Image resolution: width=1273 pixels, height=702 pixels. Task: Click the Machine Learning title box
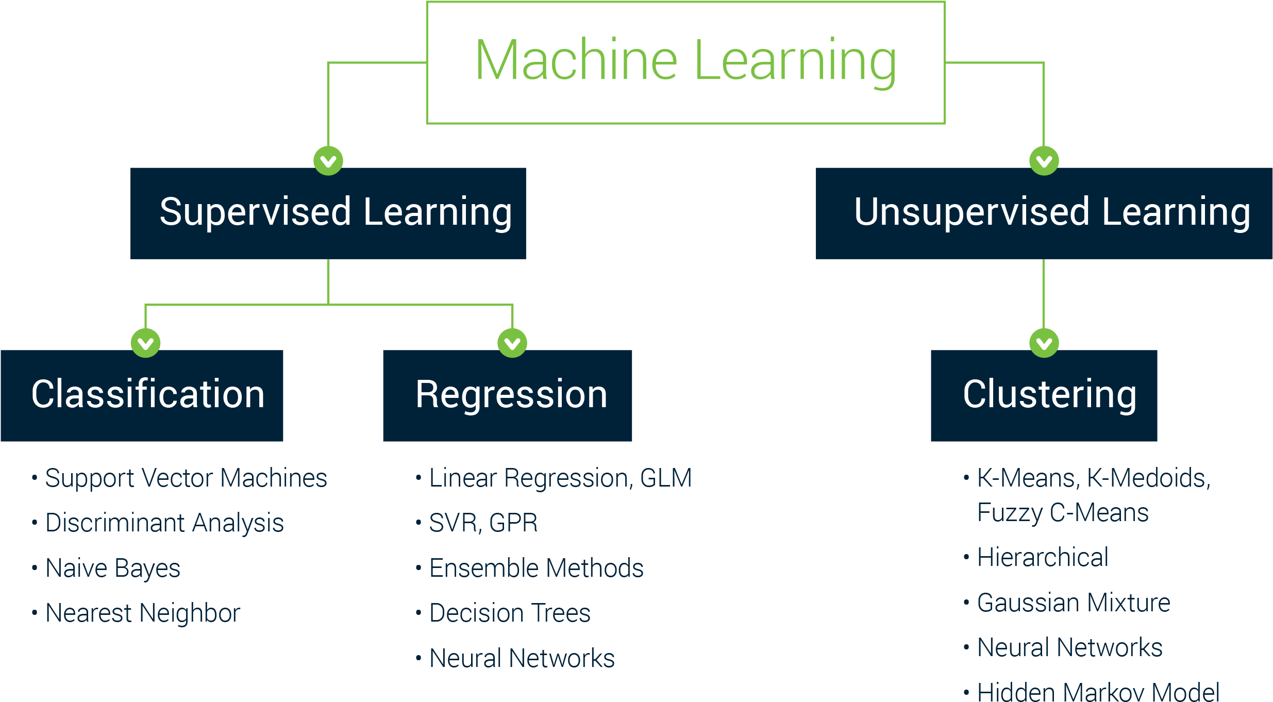coord(685,62)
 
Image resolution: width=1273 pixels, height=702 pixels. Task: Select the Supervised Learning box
coord(328,213)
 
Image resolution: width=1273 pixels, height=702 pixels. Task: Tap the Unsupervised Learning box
coord(1044,213)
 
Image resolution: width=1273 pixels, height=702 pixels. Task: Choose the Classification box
coord(142,395)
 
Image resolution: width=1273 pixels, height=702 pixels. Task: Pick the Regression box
coord(508,395)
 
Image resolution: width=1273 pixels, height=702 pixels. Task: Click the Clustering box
coord(1044,395)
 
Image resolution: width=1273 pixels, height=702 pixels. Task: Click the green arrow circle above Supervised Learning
coord(328,161)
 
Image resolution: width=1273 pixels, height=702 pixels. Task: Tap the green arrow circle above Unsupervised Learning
coord(1044,161)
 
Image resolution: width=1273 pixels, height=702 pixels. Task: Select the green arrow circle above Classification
coord(146,343)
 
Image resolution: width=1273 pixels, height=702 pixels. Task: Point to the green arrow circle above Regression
coord(512,343)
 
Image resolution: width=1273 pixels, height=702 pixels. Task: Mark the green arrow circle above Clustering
coord(1044,343)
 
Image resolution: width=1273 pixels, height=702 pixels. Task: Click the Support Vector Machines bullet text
coord(186,478)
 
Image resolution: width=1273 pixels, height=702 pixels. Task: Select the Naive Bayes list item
coord(113,569)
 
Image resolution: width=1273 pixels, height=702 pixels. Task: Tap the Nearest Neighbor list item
coord(143,613)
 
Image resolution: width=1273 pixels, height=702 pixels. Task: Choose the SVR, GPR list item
coord(483,523)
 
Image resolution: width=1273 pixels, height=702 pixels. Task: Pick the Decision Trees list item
coord(510,613)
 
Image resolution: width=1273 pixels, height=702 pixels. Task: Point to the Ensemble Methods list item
coord(537,569)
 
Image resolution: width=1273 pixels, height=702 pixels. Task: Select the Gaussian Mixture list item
coord(1074,603)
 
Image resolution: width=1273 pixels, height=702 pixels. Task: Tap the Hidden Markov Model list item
coord(1098,692)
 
